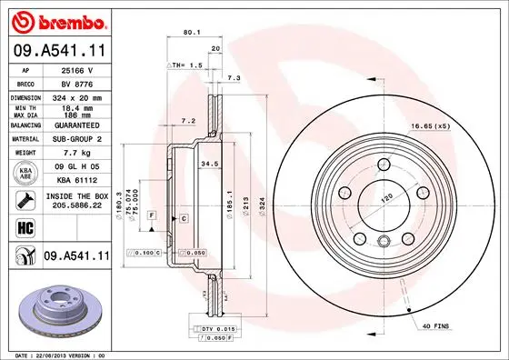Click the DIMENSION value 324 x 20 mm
75,96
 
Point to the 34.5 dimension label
209,164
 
